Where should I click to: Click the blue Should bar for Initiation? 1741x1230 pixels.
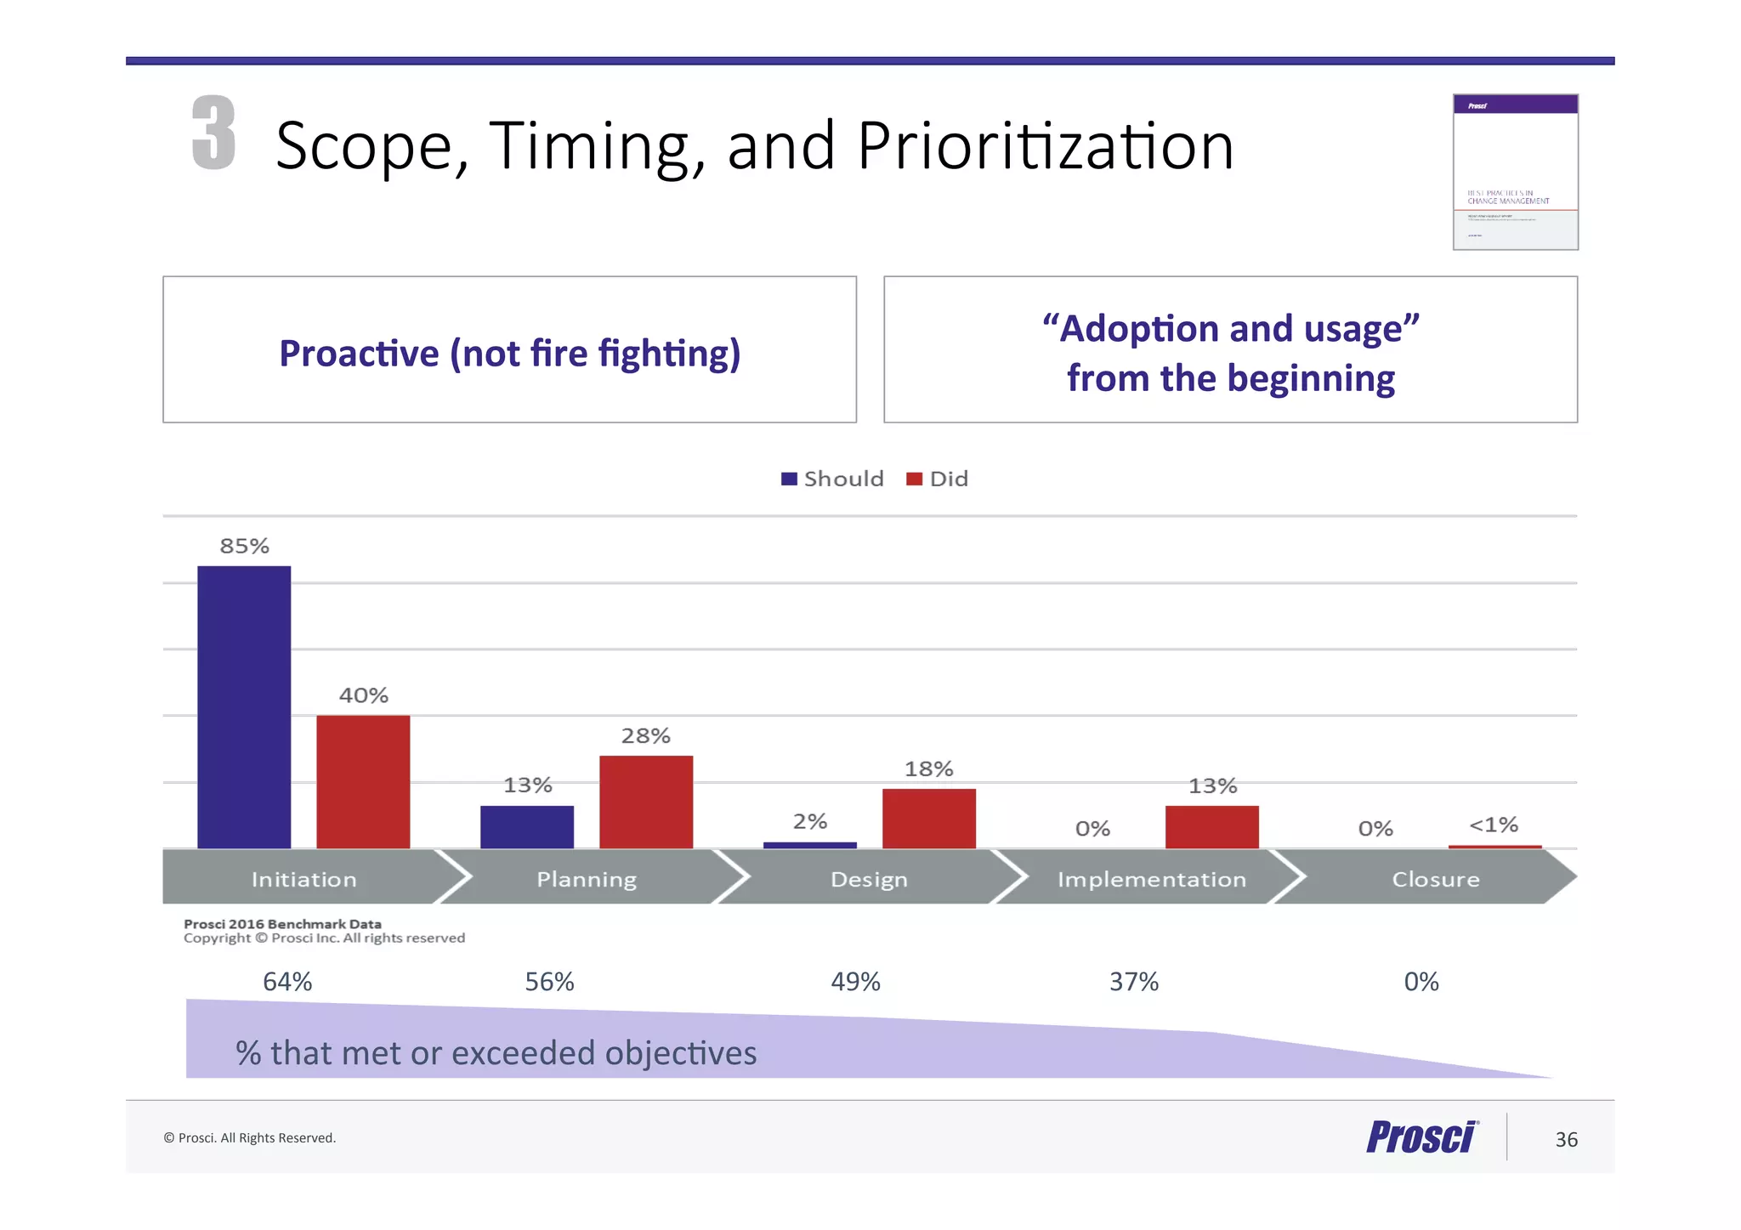[x=244, y=706]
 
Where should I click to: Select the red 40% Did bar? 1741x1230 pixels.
[x=363, y=781]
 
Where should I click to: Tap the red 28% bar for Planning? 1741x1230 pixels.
[x=646, y=802]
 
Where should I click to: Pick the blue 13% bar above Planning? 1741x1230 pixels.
[x=527, y=826]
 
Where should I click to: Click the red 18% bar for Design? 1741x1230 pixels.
[x=928, y=819]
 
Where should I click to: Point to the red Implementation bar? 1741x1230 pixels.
[x=1211, y=826]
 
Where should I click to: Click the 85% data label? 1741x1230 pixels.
[x=245, y=547]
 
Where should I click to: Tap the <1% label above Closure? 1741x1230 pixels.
[x=1494, y=825]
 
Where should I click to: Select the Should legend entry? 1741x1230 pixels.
[x=833, y=479]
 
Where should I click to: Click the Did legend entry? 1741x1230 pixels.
[x=939, y=479]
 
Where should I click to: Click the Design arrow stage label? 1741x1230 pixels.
[x=869, y=879]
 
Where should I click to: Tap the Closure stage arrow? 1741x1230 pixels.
[x=1435, y=879]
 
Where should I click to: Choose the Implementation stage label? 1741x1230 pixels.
[x=1152, y=879]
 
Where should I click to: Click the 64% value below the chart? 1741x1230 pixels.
[x=287, y=982]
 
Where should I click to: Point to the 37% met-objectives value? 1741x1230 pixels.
[x=1134, y=982]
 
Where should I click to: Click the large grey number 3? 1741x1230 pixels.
[x=213, y=133]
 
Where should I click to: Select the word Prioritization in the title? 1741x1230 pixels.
[x=1045, y=146]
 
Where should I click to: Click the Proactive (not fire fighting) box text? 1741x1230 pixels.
[x=510, y=353]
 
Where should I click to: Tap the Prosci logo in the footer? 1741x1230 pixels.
[x=1422, y=1136]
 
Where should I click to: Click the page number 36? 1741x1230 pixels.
[x=1566, y=1140]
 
